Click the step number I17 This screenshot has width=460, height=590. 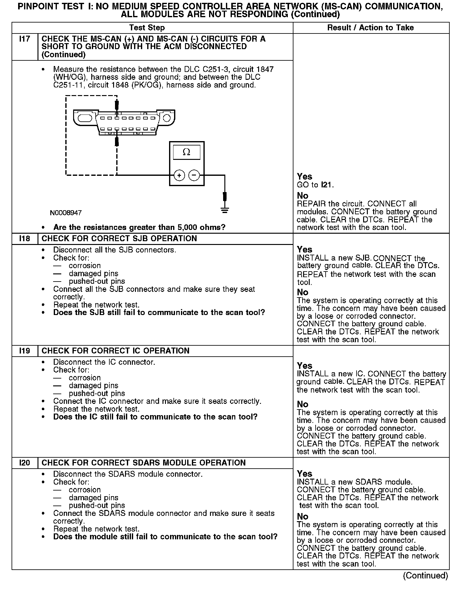pyautogui.click(x=24, y=39)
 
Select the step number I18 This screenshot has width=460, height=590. pyautogui.click(x=24, y=238)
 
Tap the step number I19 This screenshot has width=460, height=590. pyautogui.click(x=24, y=351)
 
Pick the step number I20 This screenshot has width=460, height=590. pyautogui.click(x=24, y=463)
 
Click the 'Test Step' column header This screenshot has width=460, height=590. pyautogui.click(x=147, y=28)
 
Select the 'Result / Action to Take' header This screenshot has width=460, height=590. pyautogui.click(x=370, y=28)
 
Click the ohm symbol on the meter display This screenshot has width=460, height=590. pyautogui.click(x=186, y=152)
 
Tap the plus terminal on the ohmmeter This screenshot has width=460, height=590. pyautogui.click(x=179, y=175)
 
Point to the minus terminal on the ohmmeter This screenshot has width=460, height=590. pyautogui.click(x=194, y=175)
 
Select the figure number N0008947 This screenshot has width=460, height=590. pyautogui.click(x=66, y=213)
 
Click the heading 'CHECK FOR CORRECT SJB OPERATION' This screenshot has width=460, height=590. pyautogui.click(x=119, y=238)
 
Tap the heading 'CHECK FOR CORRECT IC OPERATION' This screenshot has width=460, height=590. pyautogui.click(x=115, y=351)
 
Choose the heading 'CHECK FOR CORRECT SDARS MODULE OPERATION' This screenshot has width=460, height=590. pyautogui.click(x=143, y=463)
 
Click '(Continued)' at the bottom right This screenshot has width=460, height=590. pyautogui.click(x=425, y=575)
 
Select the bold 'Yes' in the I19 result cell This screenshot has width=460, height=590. pyautogui.click(x=304, y=366)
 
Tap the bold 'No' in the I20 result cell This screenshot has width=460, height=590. pyautogui.click(x=302, y=516)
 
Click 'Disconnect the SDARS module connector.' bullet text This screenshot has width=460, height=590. pyautogui.click(x=128, y=474)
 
